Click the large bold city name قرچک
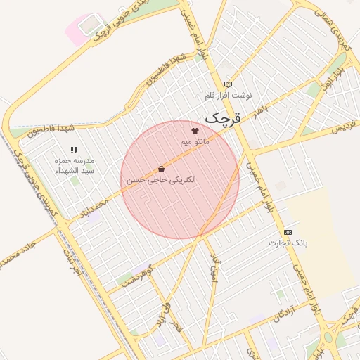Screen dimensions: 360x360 point(222,117)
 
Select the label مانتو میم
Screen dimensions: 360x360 point(195,141)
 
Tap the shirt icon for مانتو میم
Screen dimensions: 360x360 point(195,131)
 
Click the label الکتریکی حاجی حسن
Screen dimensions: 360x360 point(161,180)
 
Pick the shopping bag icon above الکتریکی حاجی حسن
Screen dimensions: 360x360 point(161,169)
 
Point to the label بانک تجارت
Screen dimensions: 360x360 point(288,243)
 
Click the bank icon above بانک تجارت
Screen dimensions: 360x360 point(288,232)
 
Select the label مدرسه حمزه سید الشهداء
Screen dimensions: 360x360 point(75,166)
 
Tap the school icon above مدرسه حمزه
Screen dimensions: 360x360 point(74,150)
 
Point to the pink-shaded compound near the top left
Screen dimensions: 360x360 point(79,30)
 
